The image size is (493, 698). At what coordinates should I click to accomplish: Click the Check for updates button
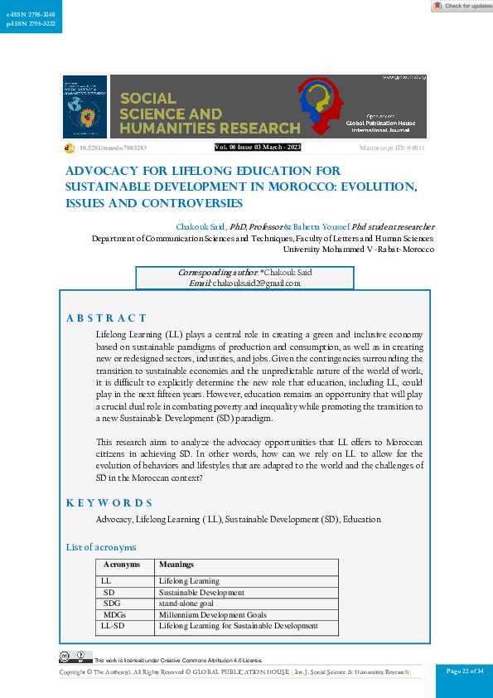[462, 6]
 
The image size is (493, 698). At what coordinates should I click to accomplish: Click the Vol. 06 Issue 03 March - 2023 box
[258, 148]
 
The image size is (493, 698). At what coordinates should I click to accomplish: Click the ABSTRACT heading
[106, 317]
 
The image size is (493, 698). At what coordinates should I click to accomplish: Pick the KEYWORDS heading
[109, 502]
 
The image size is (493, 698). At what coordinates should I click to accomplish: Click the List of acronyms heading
[100, 547]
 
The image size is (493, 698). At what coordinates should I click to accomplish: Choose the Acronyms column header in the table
[122, 565]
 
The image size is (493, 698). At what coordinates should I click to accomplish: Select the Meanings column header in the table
[176, 565]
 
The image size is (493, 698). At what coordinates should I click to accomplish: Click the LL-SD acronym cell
[113, 626]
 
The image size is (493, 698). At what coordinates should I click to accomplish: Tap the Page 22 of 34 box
[464, 671]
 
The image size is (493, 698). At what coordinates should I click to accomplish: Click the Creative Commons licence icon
[75, 658]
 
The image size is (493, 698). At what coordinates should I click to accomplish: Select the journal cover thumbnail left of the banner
[85, 107]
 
